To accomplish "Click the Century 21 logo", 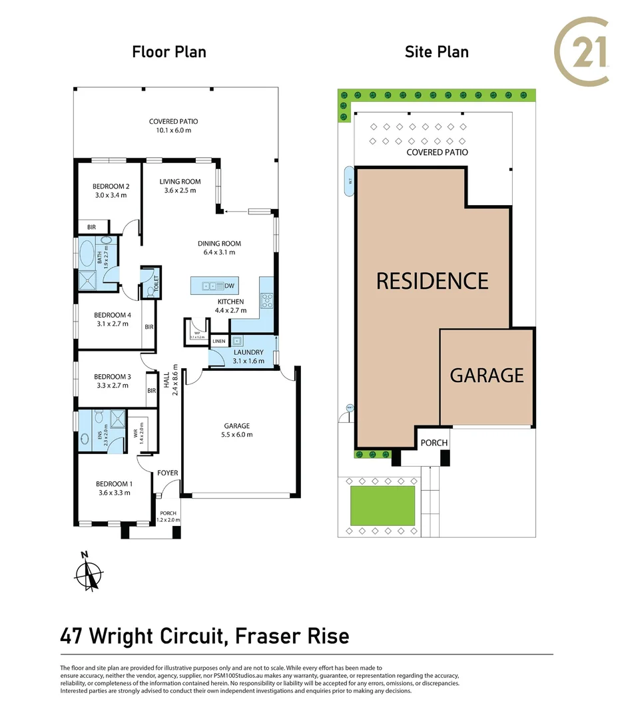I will coord(583,52).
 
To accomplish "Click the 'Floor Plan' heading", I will coord(169,52).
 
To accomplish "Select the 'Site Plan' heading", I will coord(437,52).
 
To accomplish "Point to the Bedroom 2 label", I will coord(111,186).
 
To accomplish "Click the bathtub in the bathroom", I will coord(87,254).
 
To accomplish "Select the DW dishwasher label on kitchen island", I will coord(229,286).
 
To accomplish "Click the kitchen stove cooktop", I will coord(267,300).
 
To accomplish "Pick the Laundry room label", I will coord(248,352).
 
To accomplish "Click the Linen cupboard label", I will coord(218,342).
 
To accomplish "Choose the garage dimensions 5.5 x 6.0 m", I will coord(237,435).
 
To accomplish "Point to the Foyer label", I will coord(168,473).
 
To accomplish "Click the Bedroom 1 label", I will coord(113,484).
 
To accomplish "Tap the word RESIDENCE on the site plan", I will coord(432,281).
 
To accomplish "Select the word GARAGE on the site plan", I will coord(487,375).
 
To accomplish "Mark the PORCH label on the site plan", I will coord(434,443).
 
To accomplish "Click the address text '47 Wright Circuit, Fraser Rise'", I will coord(204,636).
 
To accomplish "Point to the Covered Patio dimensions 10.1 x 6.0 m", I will coord(173,130).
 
